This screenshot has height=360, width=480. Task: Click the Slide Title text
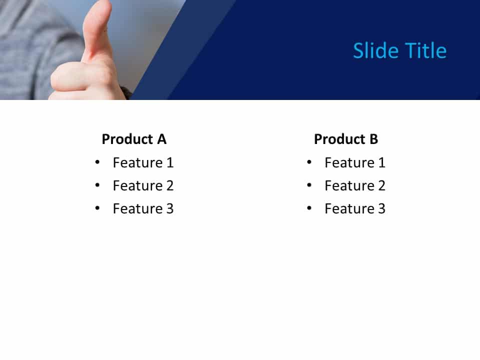[399, 51]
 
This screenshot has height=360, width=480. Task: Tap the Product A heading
[134, 139]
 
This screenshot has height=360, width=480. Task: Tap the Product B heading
[346, 139]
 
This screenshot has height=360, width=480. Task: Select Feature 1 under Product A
[143, 162]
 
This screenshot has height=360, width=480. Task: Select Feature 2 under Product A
[143, 185]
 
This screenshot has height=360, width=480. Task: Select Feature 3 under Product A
[143, 208]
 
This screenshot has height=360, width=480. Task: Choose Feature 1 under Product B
[355, 162]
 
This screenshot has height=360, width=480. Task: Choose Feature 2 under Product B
[355, 185]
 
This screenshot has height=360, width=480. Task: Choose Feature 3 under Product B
[355, 208]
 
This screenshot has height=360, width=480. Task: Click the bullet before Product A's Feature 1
[97, 162]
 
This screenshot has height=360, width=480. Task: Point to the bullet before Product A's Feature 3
[97, 208]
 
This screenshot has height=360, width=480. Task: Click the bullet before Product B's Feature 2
[309, 185]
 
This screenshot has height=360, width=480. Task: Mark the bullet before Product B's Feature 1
[309, 162]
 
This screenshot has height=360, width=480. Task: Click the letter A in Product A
[161, 139]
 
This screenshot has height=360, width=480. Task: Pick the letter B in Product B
[373, 139]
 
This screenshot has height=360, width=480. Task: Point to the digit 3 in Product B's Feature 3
[381, 208]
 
